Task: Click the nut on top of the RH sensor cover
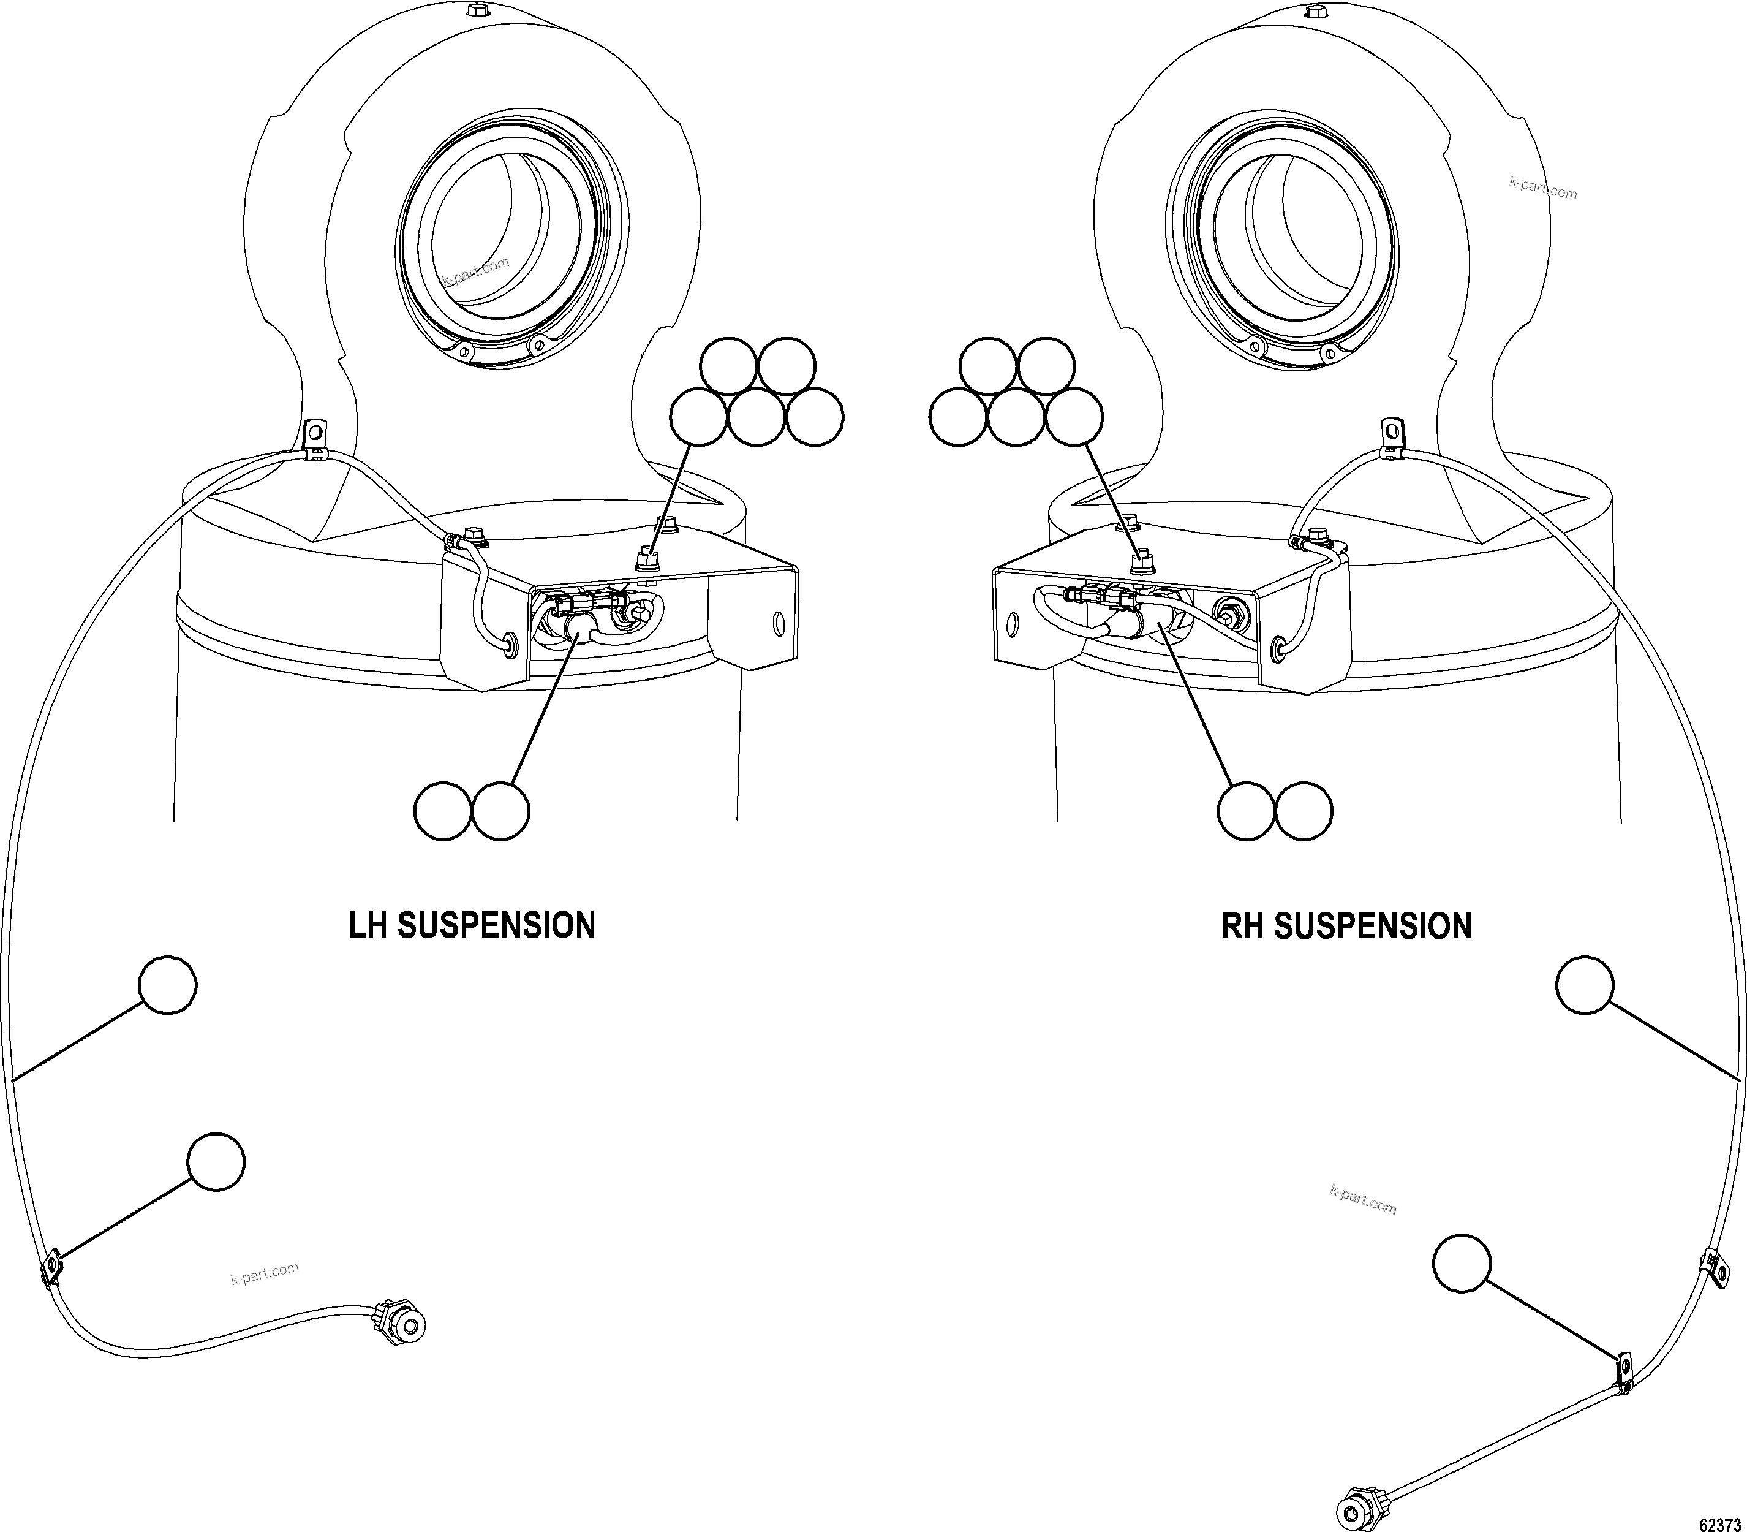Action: [1139, 563]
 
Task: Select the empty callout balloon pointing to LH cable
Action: [167, 985]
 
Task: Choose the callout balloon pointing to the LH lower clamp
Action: [216, 1162]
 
